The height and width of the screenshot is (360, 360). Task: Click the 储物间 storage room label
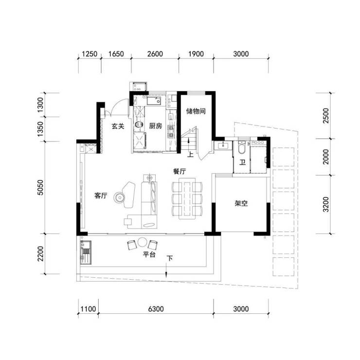click(196, 111)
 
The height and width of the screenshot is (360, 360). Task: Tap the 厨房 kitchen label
click(156, 126)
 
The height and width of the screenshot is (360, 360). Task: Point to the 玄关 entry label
click(118, 126)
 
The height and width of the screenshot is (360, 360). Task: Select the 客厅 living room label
click(101, 196)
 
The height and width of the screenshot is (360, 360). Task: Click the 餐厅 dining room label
click(180, 171)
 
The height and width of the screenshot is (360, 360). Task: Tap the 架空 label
click(241, 203)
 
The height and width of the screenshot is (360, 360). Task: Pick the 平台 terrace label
click(149, 254)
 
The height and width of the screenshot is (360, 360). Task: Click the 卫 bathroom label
click(242, 162)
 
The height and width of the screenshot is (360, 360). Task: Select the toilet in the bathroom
click(242, 147)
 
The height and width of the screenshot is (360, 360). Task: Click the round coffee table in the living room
click(119, 198)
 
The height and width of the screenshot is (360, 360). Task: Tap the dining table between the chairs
click(187, 198)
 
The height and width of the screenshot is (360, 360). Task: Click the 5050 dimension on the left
click(40, 188)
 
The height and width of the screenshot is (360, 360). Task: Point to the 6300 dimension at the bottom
click(156, 309)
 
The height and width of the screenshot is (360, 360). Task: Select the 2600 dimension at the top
click(155, 54)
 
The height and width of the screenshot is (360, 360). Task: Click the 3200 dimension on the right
click(326, 204)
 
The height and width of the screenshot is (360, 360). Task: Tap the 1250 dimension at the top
click(90, 54)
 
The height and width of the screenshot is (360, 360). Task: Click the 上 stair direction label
click(190, 155)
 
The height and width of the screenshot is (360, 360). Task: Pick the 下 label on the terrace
click(170, 258)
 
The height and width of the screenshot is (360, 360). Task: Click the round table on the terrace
click(142, 242)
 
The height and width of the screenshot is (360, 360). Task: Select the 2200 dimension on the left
click(40, 253)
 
